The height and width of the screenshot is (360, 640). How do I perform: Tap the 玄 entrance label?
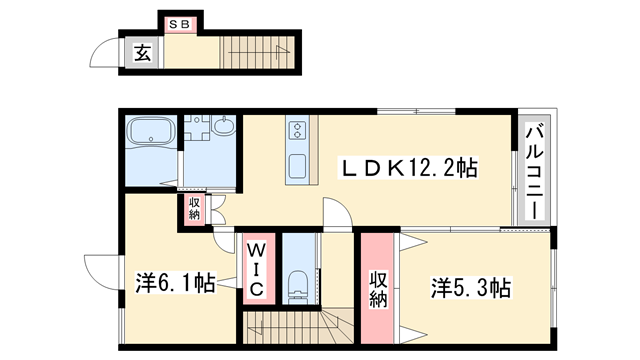click(x=143, y=54)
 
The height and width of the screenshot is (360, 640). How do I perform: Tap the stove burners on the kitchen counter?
click(x=297, y=129)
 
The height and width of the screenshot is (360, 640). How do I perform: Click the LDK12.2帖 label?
click(x=397, y=169)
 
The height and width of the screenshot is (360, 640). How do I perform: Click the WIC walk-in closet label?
click(x=255, y=267)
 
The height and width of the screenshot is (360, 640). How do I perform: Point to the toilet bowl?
click(x=297, y=285)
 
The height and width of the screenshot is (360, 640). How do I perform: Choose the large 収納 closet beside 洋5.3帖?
click(x=378, y=288)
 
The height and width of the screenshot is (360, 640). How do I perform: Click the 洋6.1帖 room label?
click(x=175, y=284)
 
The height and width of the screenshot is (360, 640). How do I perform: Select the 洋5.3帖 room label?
click(x=471, y=289)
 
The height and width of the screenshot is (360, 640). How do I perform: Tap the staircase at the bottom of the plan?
click(x=296, y=327)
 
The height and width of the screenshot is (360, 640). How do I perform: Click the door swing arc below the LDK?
click(x=337, y=212)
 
